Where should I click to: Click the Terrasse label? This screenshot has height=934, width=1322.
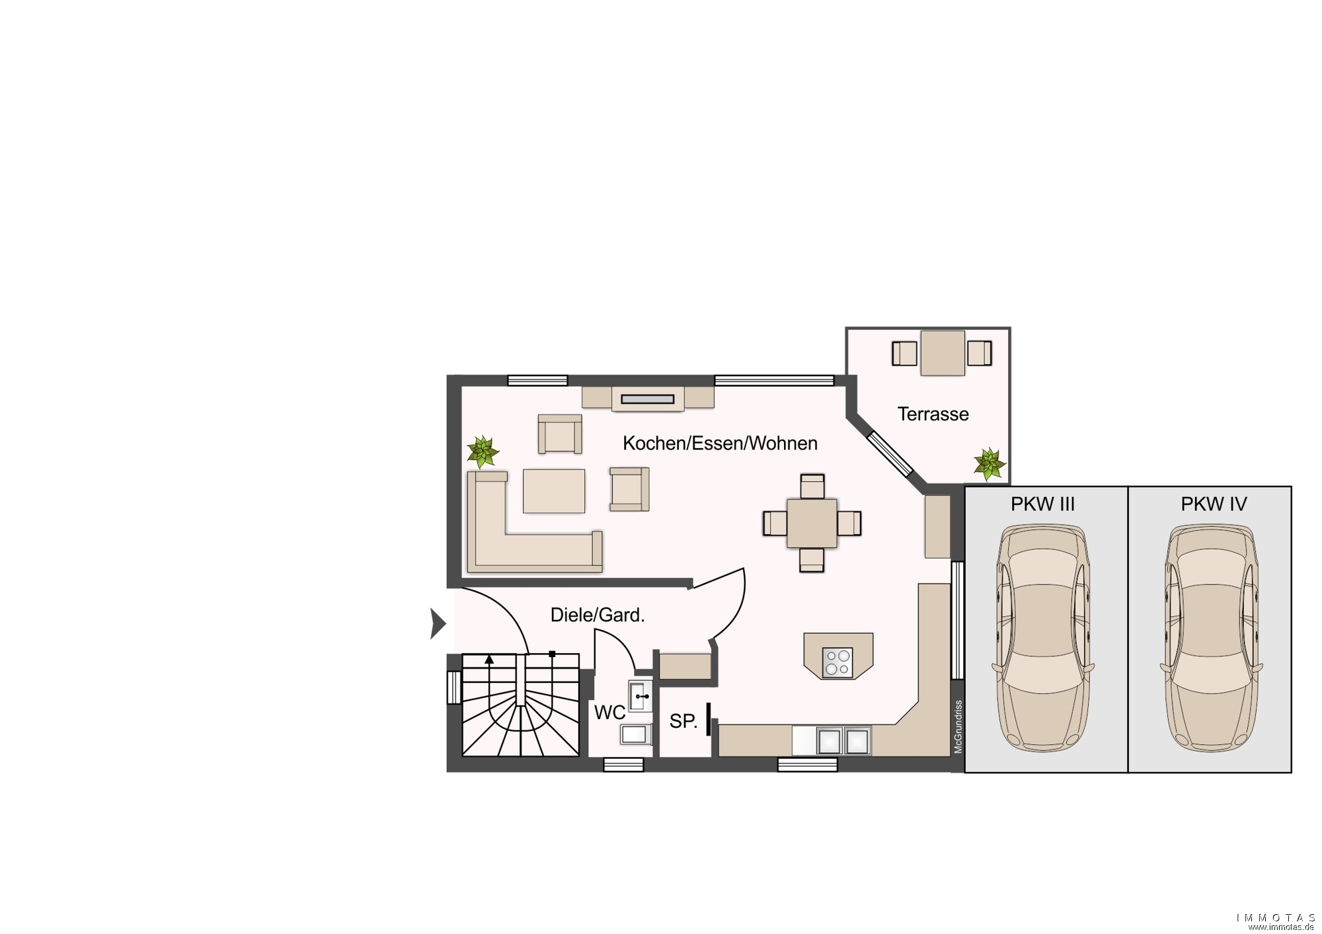tap(933, 414)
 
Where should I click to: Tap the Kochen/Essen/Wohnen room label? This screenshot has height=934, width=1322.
tap(720, 444)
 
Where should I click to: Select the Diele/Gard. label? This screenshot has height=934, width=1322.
tap(598, 615)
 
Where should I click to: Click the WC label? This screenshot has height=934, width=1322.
tap(609, 713)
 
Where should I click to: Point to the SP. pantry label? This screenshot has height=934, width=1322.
tap(683, 721)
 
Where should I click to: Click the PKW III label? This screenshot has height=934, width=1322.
tap(1042, 504)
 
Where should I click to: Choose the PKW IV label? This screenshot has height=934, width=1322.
tap(1214, 504)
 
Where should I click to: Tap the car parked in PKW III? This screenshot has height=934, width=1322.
tap(1043, 638)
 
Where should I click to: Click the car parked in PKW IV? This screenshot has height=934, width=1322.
tap(1212, 638)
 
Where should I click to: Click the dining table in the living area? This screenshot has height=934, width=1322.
tap(812, 524)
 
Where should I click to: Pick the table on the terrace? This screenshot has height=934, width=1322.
tap(942, 353)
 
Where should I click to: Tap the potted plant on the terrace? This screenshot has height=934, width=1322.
tap(989, 463)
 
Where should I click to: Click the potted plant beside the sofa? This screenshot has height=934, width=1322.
tap(483, 451)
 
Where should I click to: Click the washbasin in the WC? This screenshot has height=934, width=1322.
tap(640, 696)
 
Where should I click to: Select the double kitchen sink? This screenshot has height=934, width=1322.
tap(844, 741)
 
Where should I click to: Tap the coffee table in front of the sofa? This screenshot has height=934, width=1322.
tap(554, 491)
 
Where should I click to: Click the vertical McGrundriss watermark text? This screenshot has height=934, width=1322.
tap(958, 727)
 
